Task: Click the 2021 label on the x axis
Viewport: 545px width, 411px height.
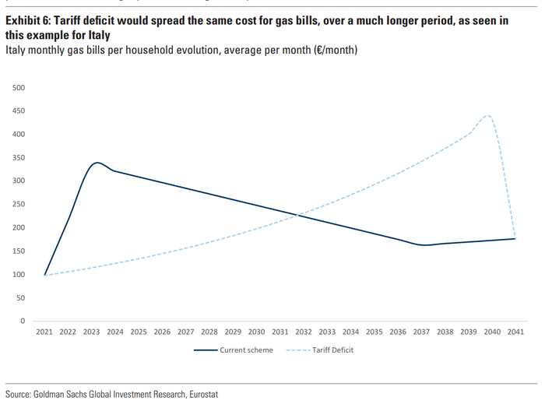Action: tap(44, 332)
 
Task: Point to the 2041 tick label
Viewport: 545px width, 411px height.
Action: tap(515, 332)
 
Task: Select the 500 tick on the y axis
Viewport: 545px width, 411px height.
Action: tap(19, 87)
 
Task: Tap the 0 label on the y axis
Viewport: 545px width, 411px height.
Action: tap(23, 321)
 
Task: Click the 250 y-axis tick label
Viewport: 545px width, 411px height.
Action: tap(19, 204)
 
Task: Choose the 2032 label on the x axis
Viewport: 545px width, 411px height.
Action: tap(303, 332)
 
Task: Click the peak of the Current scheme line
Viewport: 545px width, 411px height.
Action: tap(96, 163)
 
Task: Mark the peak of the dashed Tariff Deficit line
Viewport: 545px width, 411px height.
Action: tap(488, 116)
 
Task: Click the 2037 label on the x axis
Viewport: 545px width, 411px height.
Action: tap(420, 332)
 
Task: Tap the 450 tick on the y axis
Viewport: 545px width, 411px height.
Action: tap(19, 111)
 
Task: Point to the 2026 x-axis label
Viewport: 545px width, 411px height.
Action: tap(162, 332)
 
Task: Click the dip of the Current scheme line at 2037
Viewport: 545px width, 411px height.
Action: tap(424, 245)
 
